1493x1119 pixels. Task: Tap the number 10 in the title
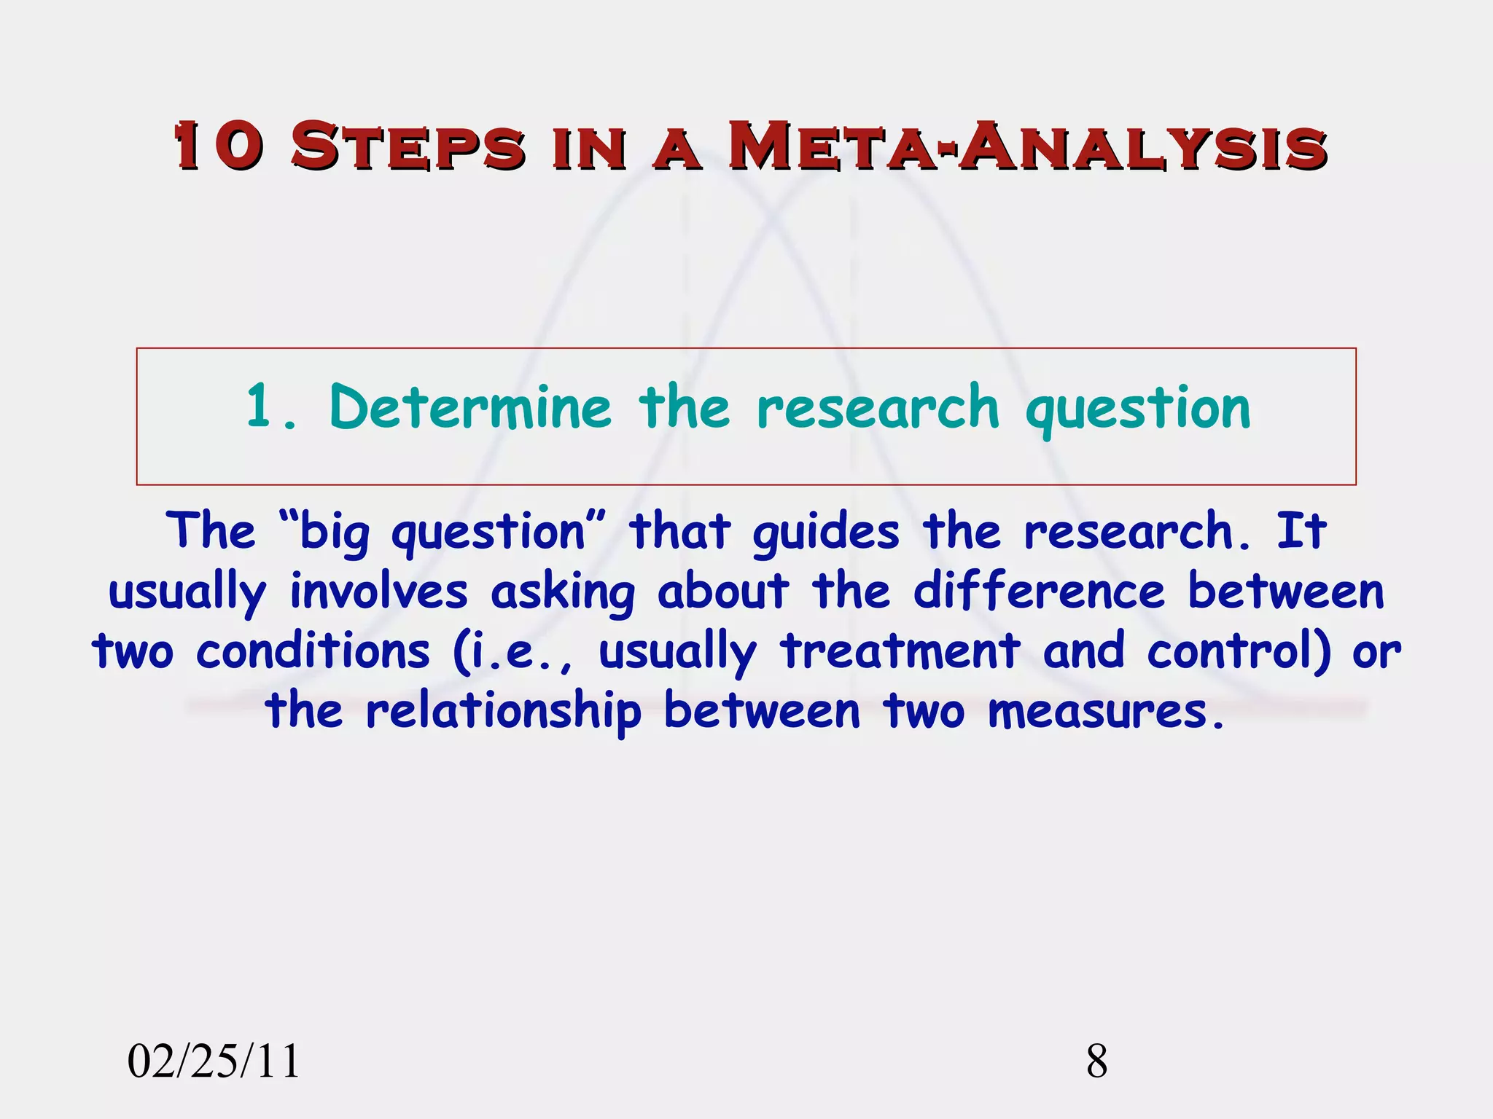217,146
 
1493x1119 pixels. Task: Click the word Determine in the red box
470,407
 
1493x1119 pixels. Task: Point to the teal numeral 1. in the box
270,407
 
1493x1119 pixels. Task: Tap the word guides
826,533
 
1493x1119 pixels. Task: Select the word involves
379,592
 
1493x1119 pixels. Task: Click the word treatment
900,651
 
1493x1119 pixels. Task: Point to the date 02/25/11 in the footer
214,1061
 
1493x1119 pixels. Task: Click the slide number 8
1097,1061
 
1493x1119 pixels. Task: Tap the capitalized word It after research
1301,531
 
